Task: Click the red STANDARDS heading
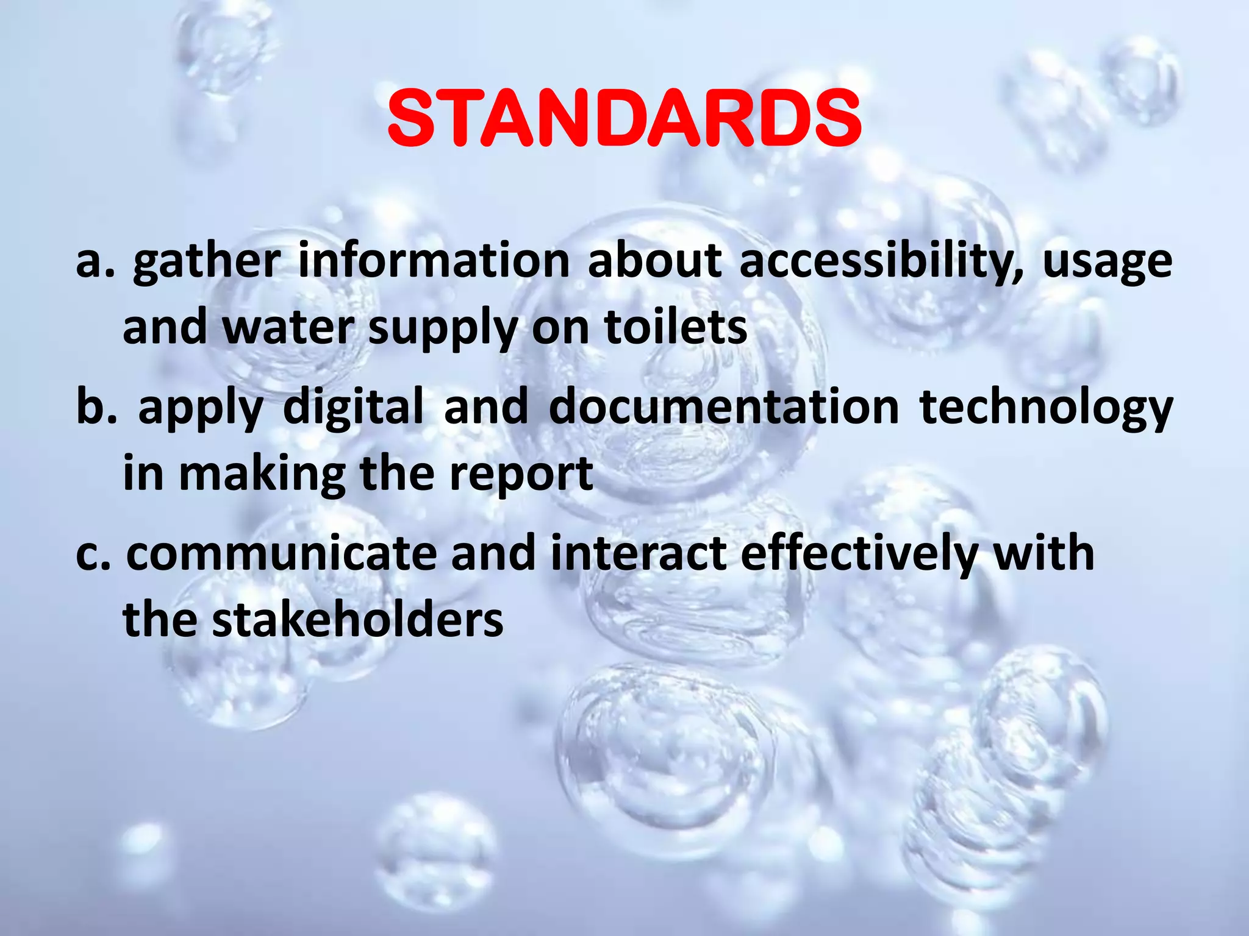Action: click(x=624, y=118)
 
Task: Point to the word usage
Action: click(x=1107, y=263)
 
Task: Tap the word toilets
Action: click(x=675, y=327)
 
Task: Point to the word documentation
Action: click(x=724, y=407)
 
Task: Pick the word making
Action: click(x=262, y=475)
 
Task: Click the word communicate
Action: click(x=282, y=553)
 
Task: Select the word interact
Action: click(x=639, y=553)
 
